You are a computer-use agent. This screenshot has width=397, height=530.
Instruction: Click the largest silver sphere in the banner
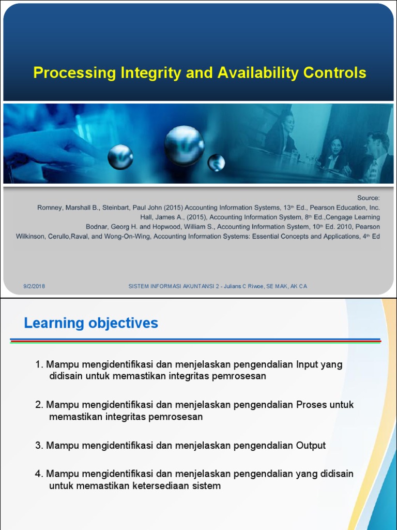184,145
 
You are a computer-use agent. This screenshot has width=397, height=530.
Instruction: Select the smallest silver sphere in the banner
216,163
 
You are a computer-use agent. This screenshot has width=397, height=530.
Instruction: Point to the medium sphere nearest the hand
120,156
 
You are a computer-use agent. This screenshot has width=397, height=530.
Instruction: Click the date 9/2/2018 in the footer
34,286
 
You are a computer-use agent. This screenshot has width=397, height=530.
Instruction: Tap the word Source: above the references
368,198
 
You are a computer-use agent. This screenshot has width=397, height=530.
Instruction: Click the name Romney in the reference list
52,208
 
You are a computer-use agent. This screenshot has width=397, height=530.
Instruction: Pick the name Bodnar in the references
98,227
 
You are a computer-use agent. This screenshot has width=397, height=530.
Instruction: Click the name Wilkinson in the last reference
32,237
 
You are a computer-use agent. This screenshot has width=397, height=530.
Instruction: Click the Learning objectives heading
91,323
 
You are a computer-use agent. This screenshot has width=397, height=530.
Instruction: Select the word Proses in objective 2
312,405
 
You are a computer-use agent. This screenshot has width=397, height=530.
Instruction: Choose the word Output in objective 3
311,446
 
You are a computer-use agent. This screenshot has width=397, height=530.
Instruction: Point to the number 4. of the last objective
39,474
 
